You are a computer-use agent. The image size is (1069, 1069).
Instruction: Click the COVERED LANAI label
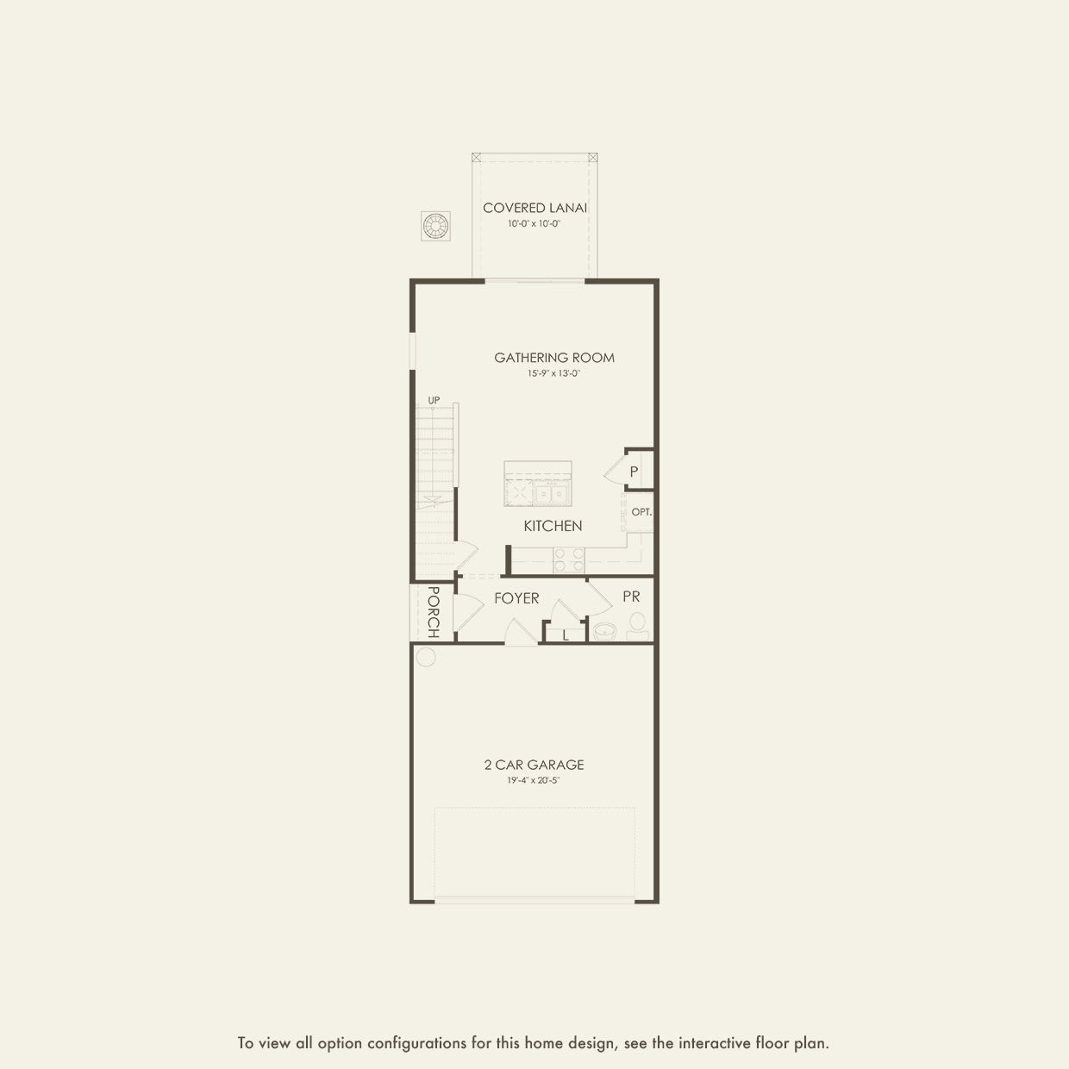tap(535, 208)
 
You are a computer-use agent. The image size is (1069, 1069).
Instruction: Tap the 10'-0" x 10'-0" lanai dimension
tap(534, 224)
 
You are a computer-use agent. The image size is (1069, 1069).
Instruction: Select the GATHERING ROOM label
tap(554, 358)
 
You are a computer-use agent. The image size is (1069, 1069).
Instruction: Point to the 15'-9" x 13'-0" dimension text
tap(554, 374)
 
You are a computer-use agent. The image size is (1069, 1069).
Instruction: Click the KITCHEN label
tap(553, 526)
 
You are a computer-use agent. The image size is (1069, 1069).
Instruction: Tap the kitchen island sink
tap(550, 494)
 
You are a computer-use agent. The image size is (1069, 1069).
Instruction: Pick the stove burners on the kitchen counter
tap(569, 560)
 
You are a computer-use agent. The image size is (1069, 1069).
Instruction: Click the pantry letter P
tap(634, 472)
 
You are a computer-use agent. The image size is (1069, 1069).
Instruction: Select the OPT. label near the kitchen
tap(641, 511)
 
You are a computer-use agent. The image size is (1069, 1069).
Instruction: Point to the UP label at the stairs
tap(434, 400)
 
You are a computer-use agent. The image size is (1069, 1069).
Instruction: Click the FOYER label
tap(516, 598)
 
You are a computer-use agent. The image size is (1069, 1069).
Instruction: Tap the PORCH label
tap(433, 612)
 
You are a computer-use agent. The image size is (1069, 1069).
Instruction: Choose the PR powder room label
tap(631, 597)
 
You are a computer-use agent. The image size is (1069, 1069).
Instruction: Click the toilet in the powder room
tap(638, 624)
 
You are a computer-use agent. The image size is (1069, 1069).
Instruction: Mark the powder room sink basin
tap(605, 631)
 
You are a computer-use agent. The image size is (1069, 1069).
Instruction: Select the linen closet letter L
tap(566, 635)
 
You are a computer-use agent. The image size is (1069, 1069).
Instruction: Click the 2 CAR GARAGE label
tap(534, 765)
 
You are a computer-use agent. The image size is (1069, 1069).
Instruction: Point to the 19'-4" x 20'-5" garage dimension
tap(534, 781)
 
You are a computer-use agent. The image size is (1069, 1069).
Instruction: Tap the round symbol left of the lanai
tap(435, 227)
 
